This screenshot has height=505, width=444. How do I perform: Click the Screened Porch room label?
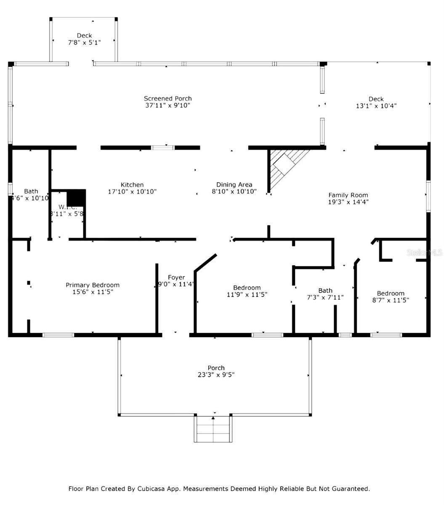tap(168, 98)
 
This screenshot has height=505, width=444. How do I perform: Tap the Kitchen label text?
tap(132, 185)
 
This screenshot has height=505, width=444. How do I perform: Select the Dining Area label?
tap(234, 185)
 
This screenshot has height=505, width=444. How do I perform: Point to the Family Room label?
tap(348, 195)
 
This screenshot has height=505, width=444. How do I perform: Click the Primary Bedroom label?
tap(93, 285)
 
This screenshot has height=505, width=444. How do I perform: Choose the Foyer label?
tap(176, 277)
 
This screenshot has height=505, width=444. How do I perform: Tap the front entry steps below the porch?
tap(213, 429)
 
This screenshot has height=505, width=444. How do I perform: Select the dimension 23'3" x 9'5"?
tap(216, 375)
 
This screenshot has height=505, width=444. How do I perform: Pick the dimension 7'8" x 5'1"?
tap(84, 43)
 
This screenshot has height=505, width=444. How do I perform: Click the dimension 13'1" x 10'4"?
tap(376, 106)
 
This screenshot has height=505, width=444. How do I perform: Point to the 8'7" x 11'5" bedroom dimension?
tap(391, 300)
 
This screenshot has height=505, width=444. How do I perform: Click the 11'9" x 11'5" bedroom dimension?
tap(247, 295)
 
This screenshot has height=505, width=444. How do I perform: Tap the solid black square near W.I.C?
tap(76, 197)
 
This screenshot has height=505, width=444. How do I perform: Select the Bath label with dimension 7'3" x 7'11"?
tap(325, 290)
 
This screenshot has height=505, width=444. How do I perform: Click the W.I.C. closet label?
tap(67, 207)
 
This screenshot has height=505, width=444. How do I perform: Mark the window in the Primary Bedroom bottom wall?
tap(58, 335)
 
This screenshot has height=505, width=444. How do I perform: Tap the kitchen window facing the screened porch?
tap(163, 148)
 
